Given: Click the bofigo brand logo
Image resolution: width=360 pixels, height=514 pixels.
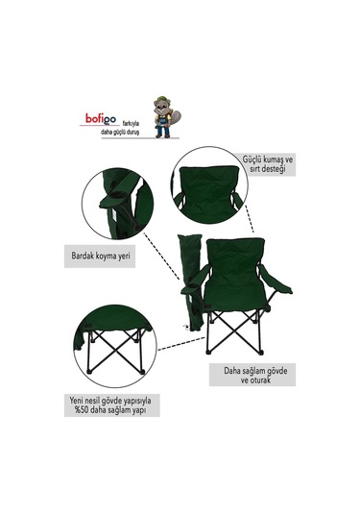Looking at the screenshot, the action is pyautogui.click(x=101, y=119).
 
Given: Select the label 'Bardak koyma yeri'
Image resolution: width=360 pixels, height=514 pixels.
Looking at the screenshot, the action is pyautogui.click(x=101, y=256).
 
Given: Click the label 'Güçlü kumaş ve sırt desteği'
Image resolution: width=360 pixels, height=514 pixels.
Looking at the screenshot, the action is pyautogui.click(x=268, y=164).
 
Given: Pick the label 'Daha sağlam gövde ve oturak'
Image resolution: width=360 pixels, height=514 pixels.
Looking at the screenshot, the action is pyautogui.click(x=255, y=376).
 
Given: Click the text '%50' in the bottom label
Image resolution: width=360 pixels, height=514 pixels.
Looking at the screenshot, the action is pyautogui.click(x=82, y=410).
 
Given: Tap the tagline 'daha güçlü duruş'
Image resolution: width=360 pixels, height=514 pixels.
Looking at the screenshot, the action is pyautogui.click(x=120, y=133).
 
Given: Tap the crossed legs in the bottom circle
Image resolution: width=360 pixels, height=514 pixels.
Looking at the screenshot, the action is pyautogui.click(x=115, y=352).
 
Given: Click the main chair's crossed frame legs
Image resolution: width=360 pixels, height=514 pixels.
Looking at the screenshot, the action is pyautogui.click(x=234, y=332).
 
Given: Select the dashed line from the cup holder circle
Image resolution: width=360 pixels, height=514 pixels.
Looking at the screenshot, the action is pyautogui.click(x=162, y=257).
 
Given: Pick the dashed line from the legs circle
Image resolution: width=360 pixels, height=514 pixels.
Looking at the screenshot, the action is pyautogui.click(x=181, y=344).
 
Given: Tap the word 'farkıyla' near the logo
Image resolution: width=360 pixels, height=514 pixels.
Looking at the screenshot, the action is pyautogui.click(x=131, y=124).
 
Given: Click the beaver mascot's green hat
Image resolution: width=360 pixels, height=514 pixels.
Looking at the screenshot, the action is pyautogui.click(x=161, y=99).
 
